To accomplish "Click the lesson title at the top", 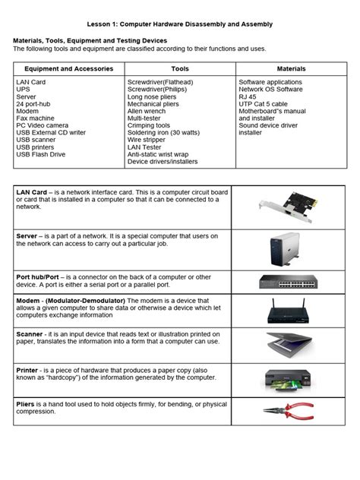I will point(179,24).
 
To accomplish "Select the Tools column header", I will point(180,68).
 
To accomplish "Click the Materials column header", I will point(291,68).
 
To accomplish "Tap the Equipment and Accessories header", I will point(68,68).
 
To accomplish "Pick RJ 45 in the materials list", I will point(248,96).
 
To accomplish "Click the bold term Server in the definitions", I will point(27,236).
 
